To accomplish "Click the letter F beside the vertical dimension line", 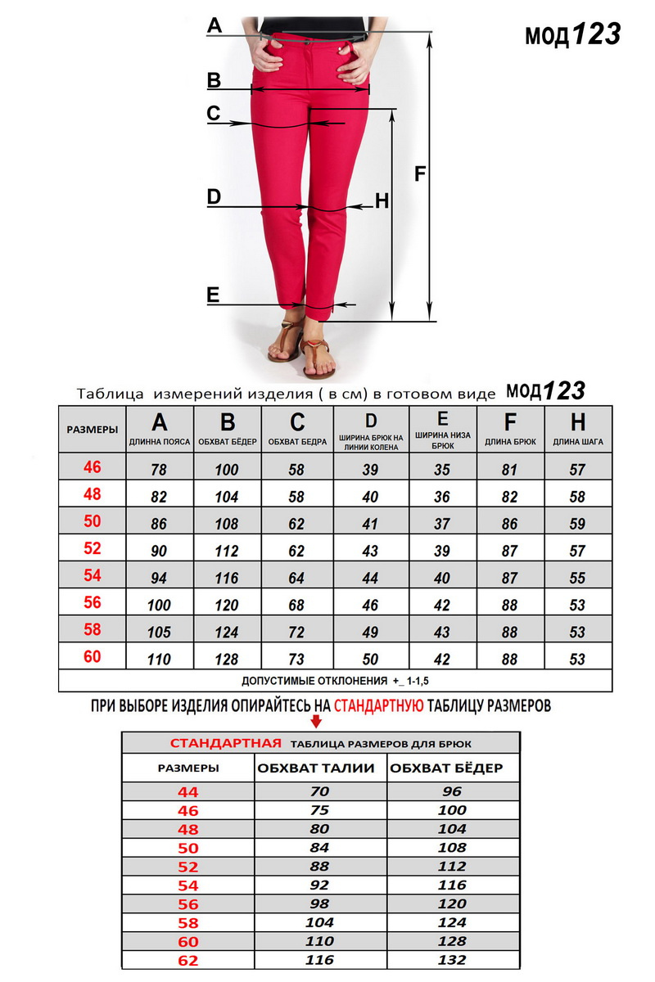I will (x=420, y=173).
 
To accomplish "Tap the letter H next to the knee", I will (x=382, y=200).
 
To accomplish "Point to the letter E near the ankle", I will (x=214, y=295).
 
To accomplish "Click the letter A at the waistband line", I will (x=215, y=26).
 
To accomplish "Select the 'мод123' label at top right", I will (x=572, y=34).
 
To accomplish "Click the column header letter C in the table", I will (x=297, y=422).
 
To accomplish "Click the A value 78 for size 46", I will (x=160, y=470).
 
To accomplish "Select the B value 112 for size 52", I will (x=227, y=551).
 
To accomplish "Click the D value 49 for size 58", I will (x=370, y=633).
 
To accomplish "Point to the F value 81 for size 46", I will (x=509, y=470).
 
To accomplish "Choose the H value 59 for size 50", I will (x=578, y=524).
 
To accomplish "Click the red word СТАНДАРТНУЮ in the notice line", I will (x=379, y=705).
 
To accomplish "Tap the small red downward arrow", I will (x=316, y=722).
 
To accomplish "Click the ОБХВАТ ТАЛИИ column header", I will (x=316, y=768).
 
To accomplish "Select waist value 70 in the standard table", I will (x=318, y=791).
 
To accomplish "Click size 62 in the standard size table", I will (x=187, y=960).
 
